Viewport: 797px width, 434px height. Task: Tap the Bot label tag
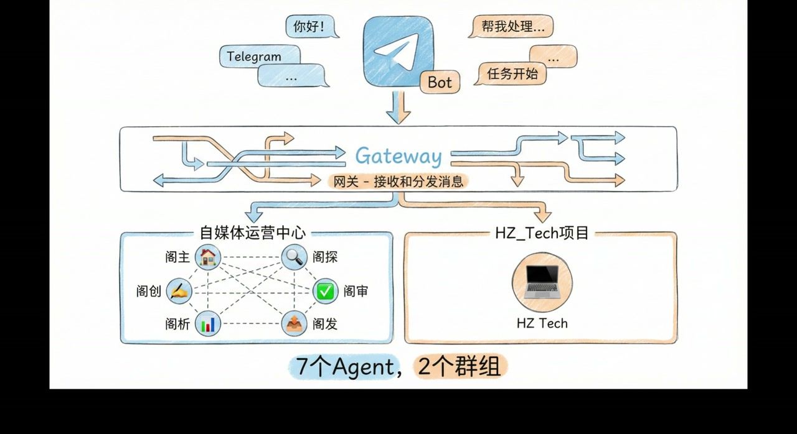(x=440, y=82)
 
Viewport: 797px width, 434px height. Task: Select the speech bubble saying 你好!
(x=309, y=27)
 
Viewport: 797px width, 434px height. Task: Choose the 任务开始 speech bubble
(x=512, y=74)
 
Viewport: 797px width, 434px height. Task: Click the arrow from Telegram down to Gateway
(x=398, y=107)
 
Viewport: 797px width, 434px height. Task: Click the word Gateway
(x=398, y=156)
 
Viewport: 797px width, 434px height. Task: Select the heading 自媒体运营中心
(x=252, y=233)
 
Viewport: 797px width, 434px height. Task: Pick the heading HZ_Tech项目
(x=541, y=233)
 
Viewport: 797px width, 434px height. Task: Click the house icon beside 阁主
(x=208, y=257)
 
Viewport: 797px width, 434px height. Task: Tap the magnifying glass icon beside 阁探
(x=294, y=257)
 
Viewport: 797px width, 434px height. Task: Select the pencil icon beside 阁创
(x=179, y=290)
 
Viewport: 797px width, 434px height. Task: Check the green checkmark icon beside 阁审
(x=324, y=291)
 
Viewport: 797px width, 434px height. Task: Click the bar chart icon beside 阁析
(x=208, y=324)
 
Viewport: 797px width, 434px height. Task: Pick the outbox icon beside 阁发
(x=294, y=324)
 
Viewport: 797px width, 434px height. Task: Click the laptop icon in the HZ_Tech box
(x=541, y=282)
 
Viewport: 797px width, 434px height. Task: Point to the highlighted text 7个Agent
(x=343, y=367)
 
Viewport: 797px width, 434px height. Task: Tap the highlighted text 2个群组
(x=460, y=367)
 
